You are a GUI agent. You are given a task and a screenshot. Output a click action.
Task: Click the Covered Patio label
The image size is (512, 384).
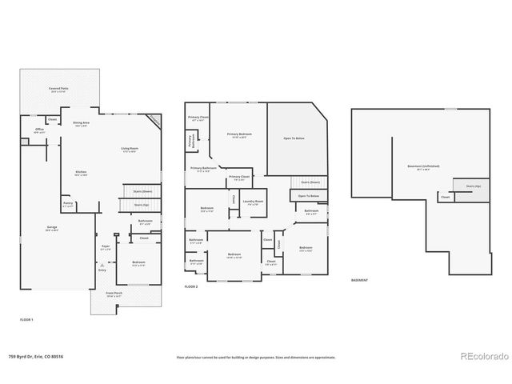(x=56, y=90)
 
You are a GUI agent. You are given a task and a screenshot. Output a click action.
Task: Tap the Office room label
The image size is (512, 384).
(x=38, y=130)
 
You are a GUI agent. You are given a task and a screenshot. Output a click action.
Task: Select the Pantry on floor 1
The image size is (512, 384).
(x=67, y=204)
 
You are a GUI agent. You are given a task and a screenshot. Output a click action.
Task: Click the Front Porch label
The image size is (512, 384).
(x=114, y=295)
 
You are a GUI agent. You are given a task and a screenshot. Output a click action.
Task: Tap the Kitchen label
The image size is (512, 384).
(x=81, y=174)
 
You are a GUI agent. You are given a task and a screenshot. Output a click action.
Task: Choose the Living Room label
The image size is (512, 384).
(x=129, y=150)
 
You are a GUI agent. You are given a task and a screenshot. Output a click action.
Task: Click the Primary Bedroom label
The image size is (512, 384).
(x=238, y=135)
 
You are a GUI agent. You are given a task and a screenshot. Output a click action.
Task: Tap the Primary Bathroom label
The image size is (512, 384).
(x=203, y=169)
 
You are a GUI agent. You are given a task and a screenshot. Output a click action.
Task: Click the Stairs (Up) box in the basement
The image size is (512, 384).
(x=473, y=186)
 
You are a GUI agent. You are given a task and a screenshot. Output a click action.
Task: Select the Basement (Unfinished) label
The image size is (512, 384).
(x=423, y=166)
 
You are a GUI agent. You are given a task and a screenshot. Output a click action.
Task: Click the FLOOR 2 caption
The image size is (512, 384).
(x=190, y=286)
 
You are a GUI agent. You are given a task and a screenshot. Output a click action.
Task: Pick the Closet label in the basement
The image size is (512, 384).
(x=445, y=196)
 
